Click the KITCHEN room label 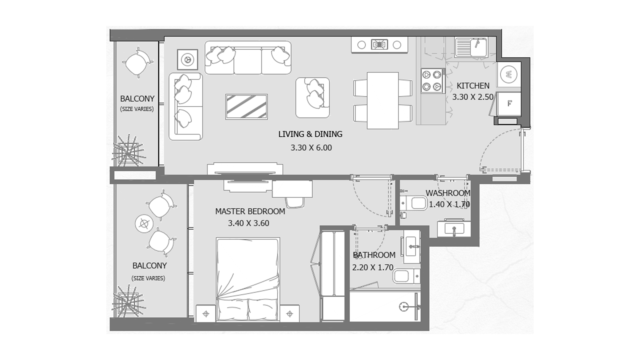coord(473,86)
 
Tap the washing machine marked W coord(509,74)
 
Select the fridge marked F coord(509,104)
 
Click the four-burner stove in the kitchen coord(433,81)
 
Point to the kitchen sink coord(471,47)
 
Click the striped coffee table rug coord(246,107)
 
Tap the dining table coord(383,100)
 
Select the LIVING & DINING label coord(310,134)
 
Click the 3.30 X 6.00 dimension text coord(311,148)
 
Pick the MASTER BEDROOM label coord(250,211)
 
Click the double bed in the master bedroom coord(248,280)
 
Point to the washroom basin coord(454,228)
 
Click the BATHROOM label coord(374,255)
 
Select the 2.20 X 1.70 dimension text coord(373,267)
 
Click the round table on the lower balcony coord(144,224)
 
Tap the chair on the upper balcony coord(138,63)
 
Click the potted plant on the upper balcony coord(128,151)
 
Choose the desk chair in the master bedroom coord(295,202)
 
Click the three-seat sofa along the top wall coord(248,58)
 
